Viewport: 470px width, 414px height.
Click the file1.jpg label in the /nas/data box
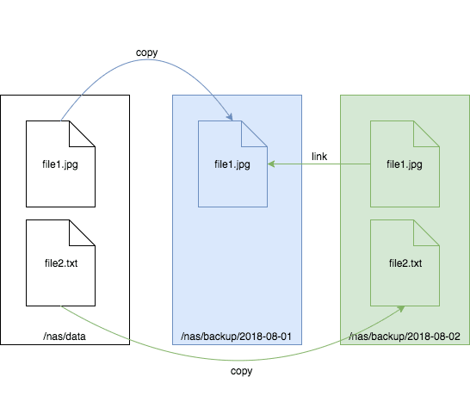coord(60,164)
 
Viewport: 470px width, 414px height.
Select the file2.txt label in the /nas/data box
coord(61,263)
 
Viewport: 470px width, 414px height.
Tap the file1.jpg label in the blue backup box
coord(232,164)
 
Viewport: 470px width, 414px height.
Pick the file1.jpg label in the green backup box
coord(405,164)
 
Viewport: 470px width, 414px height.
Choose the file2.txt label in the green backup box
coord(405,263)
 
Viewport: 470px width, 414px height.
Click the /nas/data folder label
coord(65,337)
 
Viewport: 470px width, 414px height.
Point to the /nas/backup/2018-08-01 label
coord(236,337)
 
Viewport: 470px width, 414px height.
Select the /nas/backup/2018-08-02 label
coord(405,337)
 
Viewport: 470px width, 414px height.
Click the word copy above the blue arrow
coord(146,53)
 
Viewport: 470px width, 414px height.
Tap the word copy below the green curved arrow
coord(241,371)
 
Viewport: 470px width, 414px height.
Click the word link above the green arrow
coord(319,157)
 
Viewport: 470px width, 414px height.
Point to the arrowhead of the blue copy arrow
coord(230,117)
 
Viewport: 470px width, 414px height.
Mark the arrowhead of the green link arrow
coord(271,164)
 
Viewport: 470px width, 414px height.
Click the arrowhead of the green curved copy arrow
coord(401,309)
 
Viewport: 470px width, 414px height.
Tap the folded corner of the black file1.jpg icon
coord(82,134)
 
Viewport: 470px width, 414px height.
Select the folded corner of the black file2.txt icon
coord(82,233)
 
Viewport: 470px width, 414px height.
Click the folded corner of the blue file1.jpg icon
coord(254,134)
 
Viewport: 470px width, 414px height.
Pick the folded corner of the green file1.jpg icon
coord(426,134)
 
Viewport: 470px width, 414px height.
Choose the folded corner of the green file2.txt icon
coord(426,233)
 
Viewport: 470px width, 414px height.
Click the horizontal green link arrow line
coord(318,164)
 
